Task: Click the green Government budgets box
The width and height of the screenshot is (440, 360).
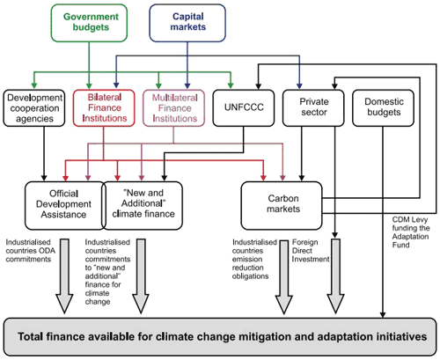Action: (89, 23)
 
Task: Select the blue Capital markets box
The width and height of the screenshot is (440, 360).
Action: (187, 23)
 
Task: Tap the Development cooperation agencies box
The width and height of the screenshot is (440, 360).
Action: (34, 108)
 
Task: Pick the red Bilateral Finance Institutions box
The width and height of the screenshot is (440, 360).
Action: (104, 108)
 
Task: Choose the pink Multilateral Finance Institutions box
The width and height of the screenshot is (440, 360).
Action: (174, 108)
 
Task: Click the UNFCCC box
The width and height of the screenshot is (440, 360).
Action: (244, 108)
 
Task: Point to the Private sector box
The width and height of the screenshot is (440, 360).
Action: (313, 108)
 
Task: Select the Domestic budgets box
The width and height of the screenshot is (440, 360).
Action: (384, 108)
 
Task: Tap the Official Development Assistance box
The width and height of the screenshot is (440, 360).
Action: (64, 205)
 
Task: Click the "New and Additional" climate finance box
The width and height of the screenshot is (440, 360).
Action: (143, 205)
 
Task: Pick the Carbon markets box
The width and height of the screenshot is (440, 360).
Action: (282, 205)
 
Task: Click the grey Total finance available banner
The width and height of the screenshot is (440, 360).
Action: (220, 336)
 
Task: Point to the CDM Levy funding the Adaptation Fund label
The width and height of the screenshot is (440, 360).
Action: (411, 232)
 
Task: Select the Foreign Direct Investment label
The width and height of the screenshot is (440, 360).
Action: (311, 251)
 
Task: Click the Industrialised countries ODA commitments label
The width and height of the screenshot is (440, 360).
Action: (31, 251)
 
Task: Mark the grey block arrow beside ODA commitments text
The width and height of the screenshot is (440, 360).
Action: (64, 276)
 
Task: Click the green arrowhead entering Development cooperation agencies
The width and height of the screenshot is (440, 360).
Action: (34, 85)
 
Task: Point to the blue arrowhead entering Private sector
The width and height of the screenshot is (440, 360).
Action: (299, 85)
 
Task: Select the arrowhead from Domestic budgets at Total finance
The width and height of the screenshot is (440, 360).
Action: (383, 314)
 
